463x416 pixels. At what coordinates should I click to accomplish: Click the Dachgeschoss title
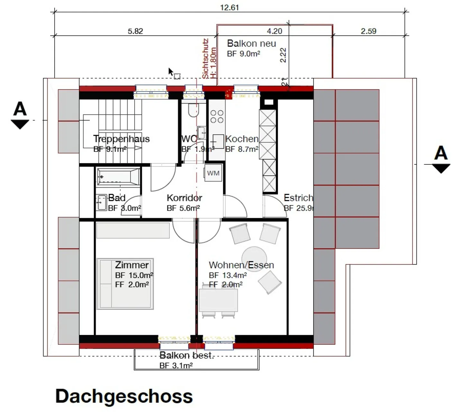point(124,396)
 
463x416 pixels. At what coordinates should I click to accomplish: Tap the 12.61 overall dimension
point(229,7)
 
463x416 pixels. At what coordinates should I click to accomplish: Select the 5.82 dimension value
point(135,31)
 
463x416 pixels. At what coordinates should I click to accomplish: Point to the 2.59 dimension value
point(368,31)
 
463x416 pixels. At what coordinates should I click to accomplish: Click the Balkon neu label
point(251,43)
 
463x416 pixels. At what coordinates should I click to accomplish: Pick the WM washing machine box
point(213,173)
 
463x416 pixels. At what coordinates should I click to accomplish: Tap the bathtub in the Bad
point(118,176)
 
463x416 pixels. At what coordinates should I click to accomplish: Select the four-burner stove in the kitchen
point(217,116)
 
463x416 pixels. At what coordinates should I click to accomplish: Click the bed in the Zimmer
point(125,283)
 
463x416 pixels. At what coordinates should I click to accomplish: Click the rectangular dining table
point(218,300)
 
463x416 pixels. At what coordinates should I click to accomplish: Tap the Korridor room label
point(184,198)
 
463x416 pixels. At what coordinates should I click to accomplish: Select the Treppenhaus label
point(121,139)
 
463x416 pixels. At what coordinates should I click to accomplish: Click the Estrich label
point(298,198)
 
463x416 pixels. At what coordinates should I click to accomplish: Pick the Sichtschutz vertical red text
point(205,59)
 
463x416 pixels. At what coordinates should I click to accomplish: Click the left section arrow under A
point(20,124)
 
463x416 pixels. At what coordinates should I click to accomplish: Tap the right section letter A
point(440,153)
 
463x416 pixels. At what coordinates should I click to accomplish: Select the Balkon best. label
point(186,356)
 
